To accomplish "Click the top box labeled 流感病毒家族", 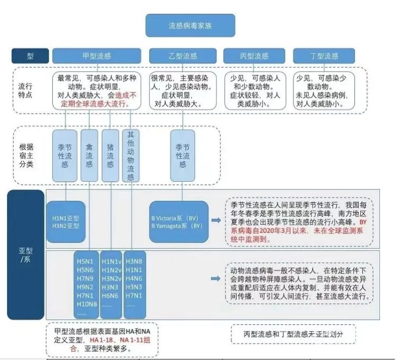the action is (x=190, y=26).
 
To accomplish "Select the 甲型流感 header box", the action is (x=97, y=56).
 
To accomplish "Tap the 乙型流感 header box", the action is (x=183, y=56).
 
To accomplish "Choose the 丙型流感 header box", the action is (x=254, y=56).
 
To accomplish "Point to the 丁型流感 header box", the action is (x=324, y=56).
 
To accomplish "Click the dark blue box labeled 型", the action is (x=30, y=56).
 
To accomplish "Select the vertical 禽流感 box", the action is (x=89, y=155).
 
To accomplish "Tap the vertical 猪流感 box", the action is (x=110, y=155).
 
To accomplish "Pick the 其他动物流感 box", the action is (x=130, y=155).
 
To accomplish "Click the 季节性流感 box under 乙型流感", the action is (x=183, y=155).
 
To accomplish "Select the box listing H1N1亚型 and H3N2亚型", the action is (x=66, y=222).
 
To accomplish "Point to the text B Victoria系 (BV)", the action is (x=175, y=218).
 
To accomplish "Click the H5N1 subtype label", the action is (x=85, y=261).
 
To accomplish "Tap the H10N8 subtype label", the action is (x=87, y=304).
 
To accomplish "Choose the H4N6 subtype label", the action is (x=134, y=278).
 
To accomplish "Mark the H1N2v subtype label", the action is (x=111, y=270).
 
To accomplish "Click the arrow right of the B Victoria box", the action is (x=216, y=220).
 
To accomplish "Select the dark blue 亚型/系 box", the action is (x=26, y=255).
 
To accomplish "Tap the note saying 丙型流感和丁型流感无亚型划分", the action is (x=293, y=334).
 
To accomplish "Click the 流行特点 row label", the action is (x=25, y=91).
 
